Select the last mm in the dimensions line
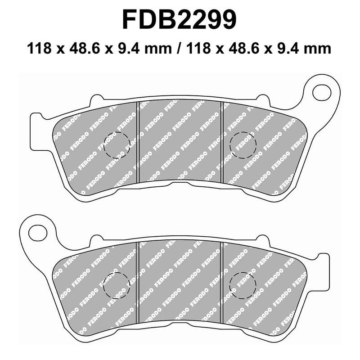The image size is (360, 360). (320, 48)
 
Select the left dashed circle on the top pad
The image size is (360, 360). (117, 145)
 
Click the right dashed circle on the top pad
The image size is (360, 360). (243, 145)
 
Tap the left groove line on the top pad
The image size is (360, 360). (138, 144)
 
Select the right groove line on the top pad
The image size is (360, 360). (222, 144)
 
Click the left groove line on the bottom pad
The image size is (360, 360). (138, 283)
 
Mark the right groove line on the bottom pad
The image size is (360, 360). (222, 283)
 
